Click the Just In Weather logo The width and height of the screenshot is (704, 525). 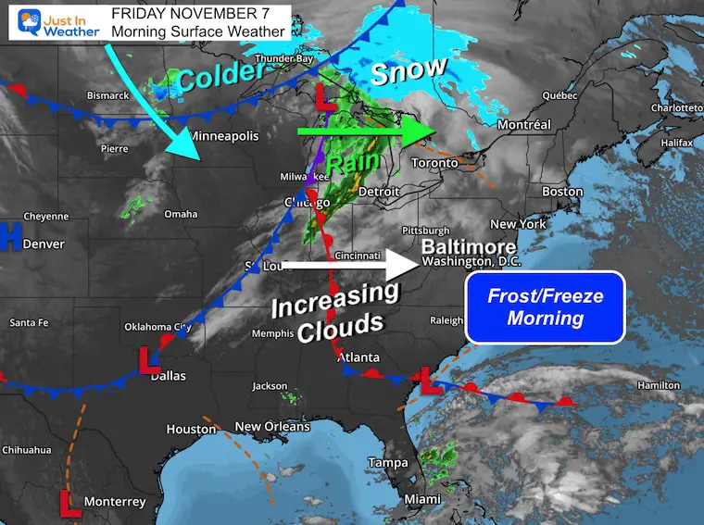pyautogui.click(x=54, y=21)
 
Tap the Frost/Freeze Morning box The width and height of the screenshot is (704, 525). pyautogui.click(x=546, y=307)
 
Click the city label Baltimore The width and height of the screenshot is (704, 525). pyautogui.click(x=468, y=247)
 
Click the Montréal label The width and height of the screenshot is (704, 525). pyautogui.click(x=524, y=124)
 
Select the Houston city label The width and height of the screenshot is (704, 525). pyautogui.click(x=191, y=429)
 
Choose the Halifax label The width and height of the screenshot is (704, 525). pyautogui.click(x=677, y=144)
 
